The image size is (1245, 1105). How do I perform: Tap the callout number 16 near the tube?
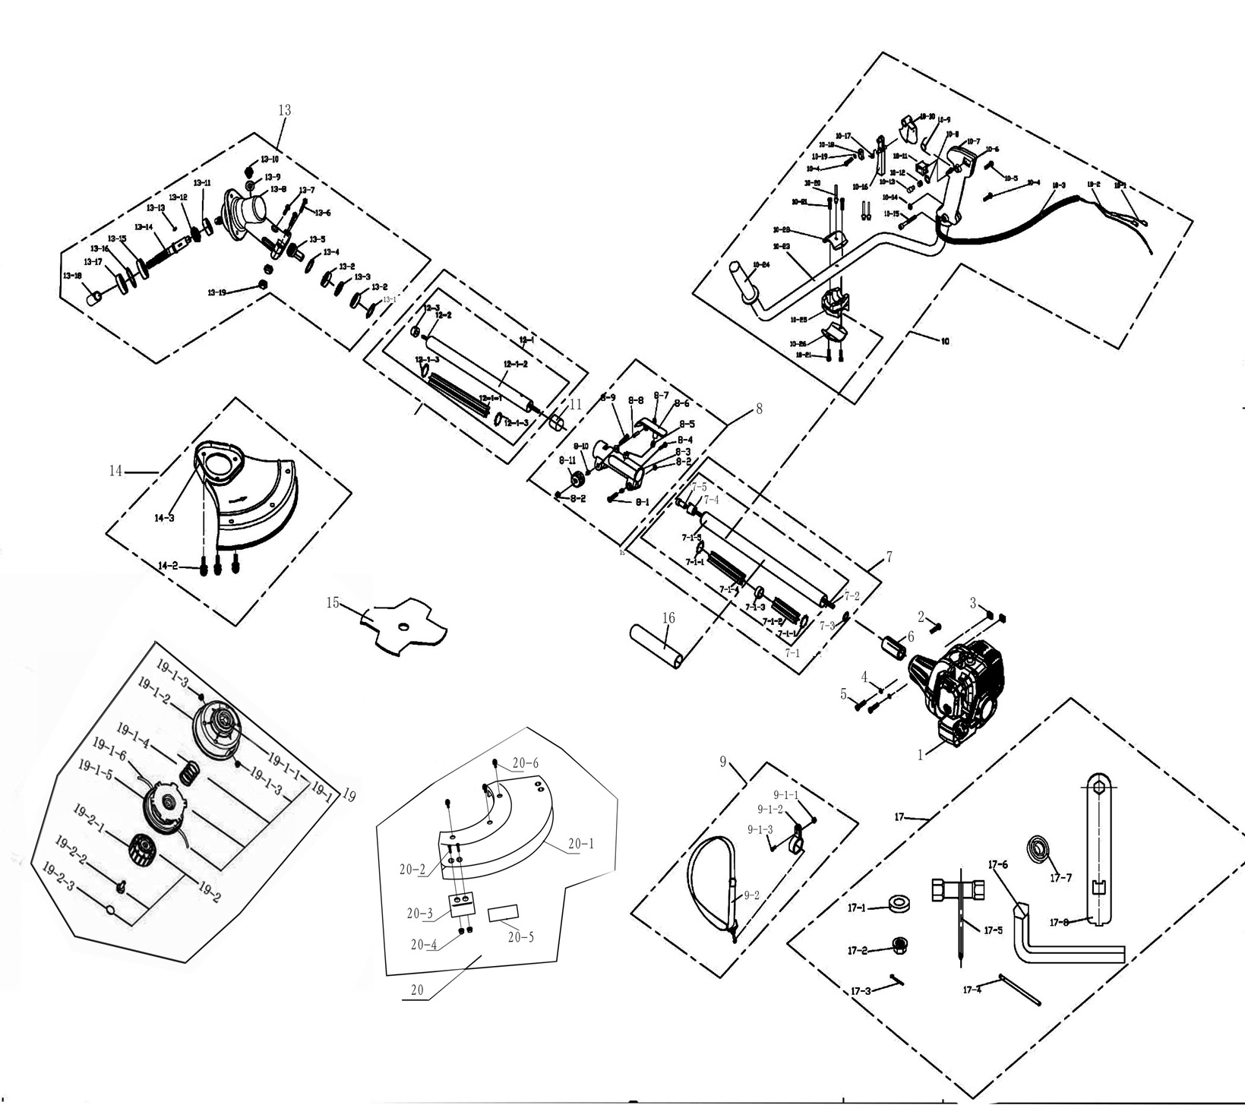coord(668,618)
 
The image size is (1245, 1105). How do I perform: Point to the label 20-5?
coord(520,937)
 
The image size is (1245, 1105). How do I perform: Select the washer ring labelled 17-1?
coord(899,906)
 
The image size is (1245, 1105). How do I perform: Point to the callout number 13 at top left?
coord(284,110)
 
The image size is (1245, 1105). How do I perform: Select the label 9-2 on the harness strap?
coord(751,895)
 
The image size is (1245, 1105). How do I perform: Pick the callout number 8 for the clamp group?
coord(758,409)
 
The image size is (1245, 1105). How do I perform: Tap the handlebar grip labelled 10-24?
coord(744,281)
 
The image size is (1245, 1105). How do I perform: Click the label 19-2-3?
coord(59,876)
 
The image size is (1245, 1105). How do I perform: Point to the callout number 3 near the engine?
coord(973,604)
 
